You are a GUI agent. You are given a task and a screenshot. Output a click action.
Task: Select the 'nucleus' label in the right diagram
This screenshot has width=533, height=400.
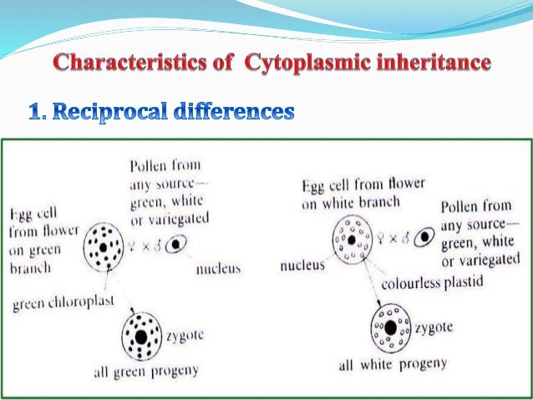[x=300, y=271]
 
